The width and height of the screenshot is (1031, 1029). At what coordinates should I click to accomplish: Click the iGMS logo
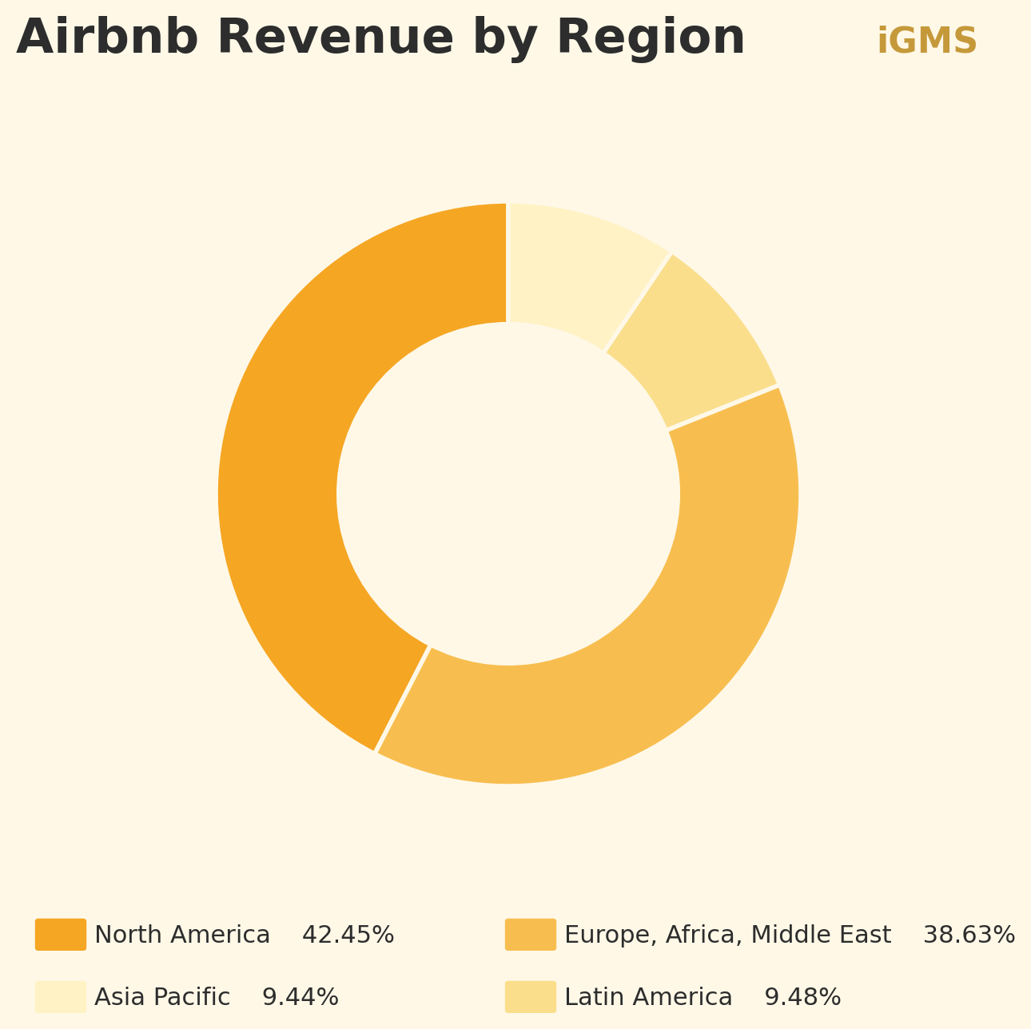pos(926,42)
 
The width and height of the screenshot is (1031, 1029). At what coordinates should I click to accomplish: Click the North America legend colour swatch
pos(61,935)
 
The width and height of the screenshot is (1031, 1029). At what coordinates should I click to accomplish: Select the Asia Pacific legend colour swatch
pos(61,997)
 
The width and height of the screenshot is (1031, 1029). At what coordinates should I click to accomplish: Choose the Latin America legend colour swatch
pos(531,997)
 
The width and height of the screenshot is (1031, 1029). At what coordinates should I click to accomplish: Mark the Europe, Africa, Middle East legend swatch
pos(531,935)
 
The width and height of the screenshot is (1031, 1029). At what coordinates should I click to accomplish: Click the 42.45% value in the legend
pos(348,936)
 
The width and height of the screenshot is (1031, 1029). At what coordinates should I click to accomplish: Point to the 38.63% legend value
pos(969,936)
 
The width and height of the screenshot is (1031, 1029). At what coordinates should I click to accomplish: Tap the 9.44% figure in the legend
pos(301,998)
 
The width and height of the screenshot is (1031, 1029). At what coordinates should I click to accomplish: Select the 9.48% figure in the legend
pos(802,998)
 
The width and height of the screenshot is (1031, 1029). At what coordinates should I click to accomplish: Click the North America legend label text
pos(182,936)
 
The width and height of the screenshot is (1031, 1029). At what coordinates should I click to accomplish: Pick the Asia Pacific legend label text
pos(162,998)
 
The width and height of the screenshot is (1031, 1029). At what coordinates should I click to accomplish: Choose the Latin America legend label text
pos(648,998)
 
